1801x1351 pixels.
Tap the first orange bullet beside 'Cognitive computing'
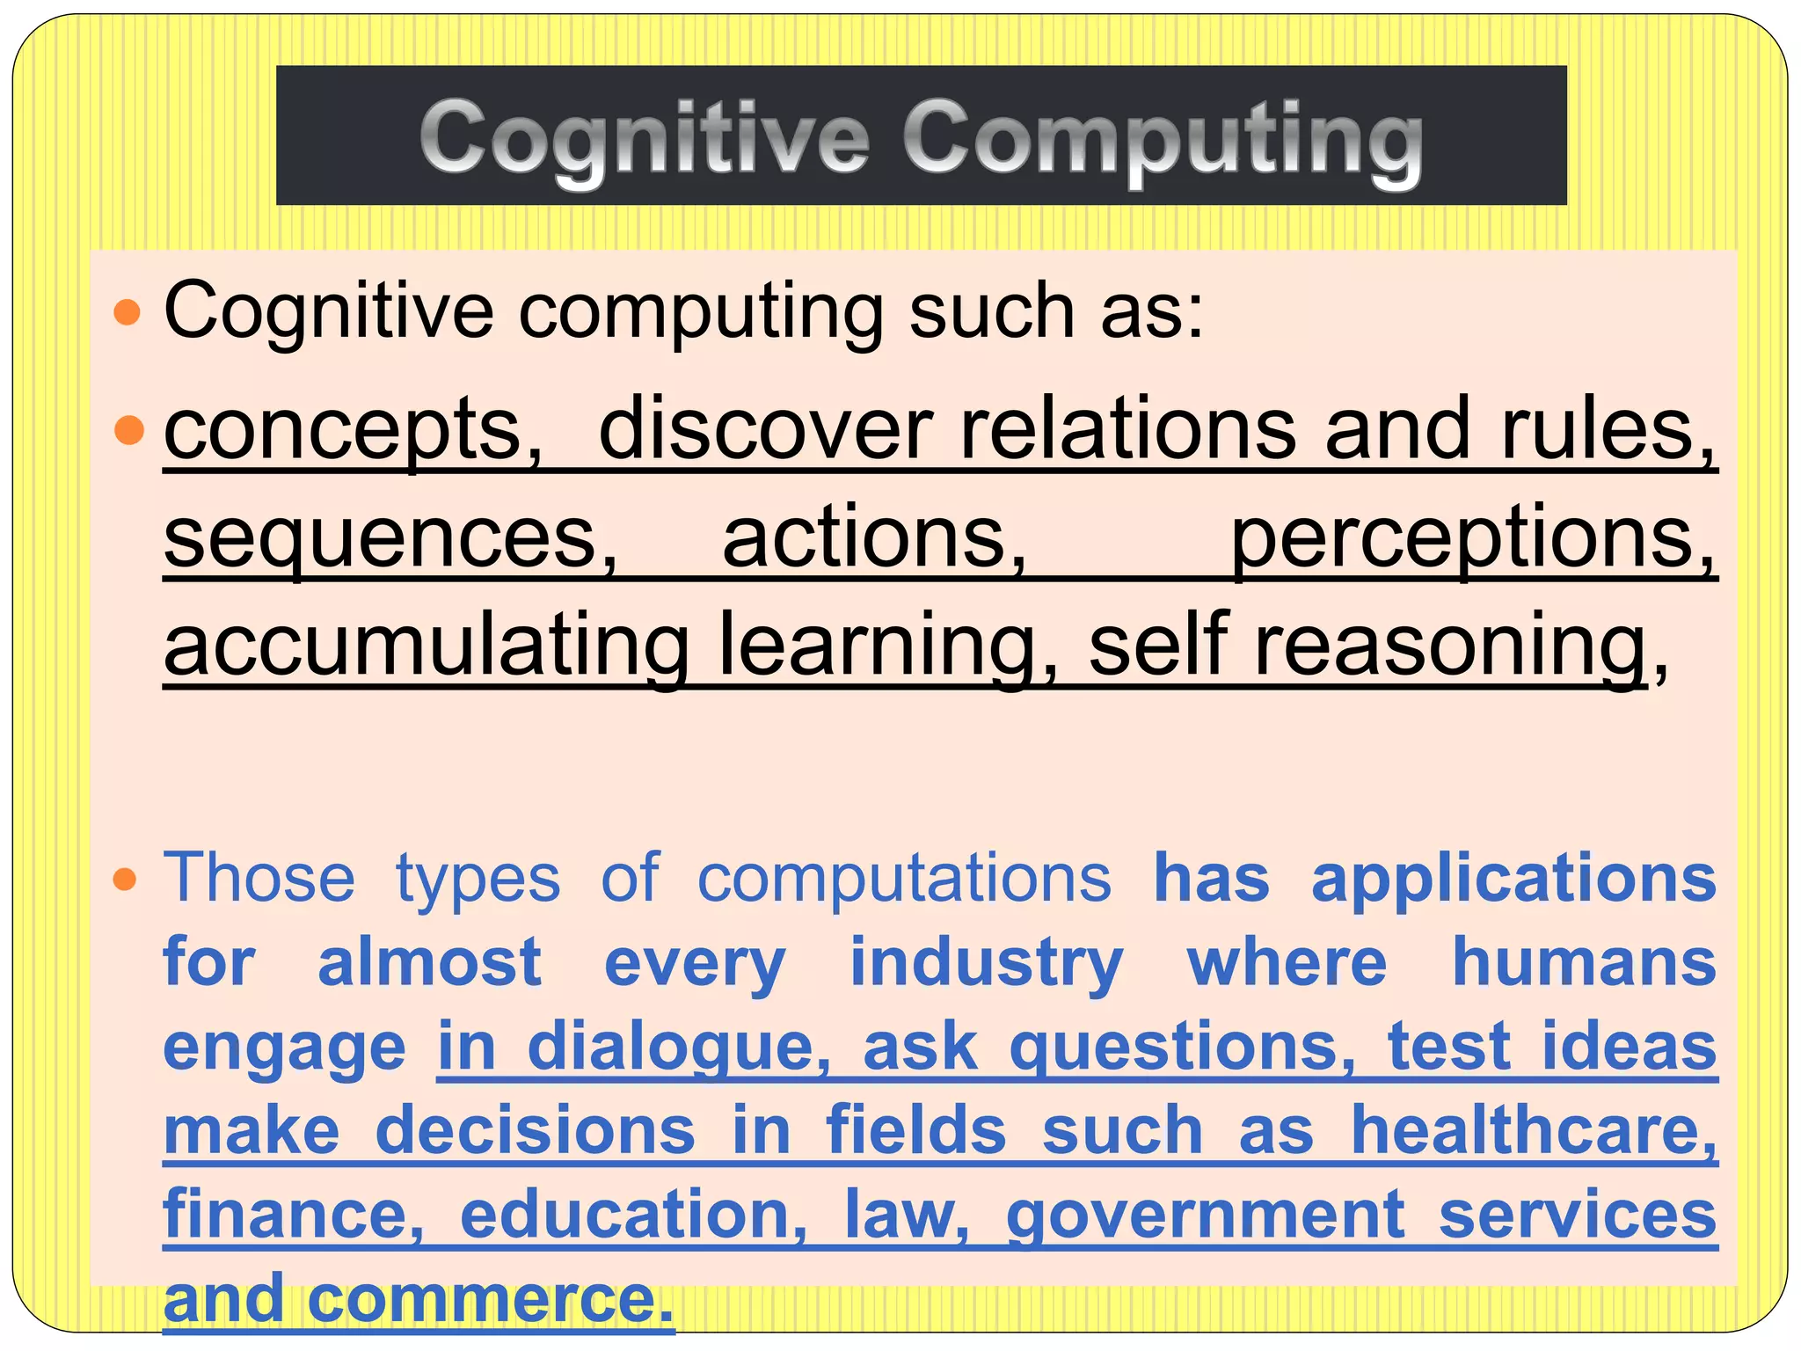[128, 312]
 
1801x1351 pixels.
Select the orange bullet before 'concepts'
[128, 430]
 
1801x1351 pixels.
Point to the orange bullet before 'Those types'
[127, 879]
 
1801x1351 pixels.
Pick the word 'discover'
[764, 428]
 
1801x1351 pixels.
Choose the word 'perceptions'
[1472, 538]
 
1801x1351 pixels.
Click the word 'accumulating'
[427, 646]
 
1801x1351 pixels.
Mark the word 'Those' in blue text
[259, 878]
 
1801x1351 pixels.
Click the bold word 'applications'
[1513, 878]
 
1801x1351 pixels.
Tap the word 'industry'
[987, 962]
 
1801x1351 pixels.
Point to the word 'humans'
[1584, 961]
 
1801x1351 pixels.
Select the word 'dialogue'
[678, 1046]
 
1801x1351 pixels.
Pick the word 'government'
[1206, 1214]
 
